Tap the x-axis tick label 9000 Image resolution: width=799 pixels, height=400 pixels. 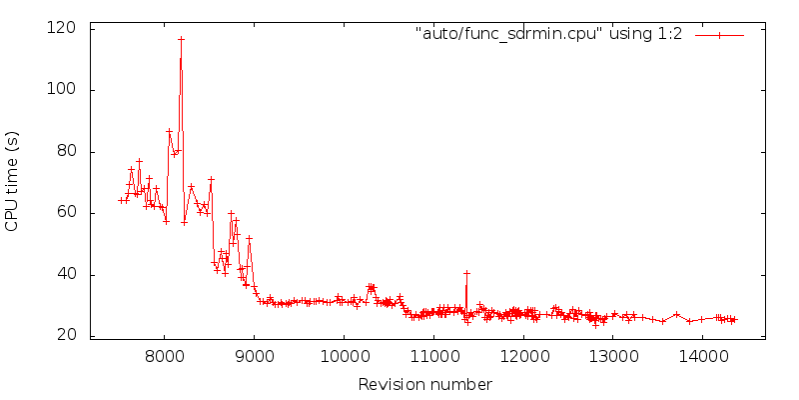[x=255, y=356]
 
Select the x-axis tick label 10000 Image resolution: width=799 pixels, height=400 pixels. [x=345, y=356]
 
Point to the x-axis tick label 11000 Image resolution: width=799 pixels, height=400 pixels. [x=434, y=356]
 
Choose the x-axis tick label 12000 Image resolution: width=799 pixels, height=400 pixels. [x=523, y=356]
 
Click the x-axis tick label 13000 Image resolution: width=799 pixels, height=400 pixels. [x=613, y=356]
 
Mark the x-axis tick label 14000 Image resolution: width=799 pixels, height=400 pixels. [x=702, y=356]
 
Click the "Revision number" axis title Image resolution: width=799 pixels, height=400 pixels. [x=424, y=384]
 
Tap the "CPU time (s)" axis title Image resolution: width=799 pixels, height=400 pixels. [x=12, y=181]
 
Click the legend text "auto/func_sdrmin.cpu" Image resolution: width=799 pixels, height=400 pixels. [x=548, y=34]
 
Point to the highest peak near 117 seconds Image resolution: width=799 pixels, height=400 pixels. [x=181, y=39]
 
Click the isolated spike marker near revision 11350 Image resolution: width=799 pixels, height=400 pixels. [x=466, y=273]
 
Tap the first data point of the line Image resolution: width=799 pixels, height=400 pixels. [x=121, y=200]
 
